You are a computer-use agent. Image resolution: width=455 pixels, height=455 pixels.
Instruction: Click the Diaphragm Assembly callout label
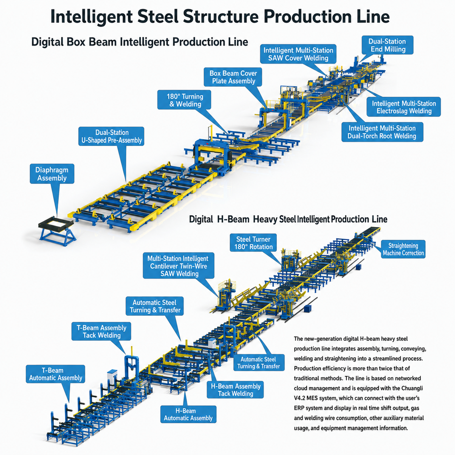[x=52, y=174]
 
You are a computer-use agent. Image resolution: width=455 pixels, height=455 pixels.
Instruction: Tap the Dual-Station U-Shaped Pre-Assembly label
[x=111, y=136]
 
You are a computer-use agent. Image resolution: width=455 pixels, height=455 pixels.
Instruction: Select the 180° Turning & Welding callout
[x=184, y=100]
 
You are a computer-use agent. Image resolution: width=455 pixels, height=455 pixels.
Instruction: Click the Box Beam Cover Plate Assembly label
[x=233, y=77]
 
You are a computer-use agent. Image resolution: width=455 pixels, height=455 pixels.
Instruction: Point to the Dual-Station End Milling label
[x=387, y=45]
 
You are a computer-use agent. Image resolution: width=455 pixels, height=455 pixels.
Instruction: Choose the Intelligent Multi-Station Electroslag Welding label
[x=404, y=107]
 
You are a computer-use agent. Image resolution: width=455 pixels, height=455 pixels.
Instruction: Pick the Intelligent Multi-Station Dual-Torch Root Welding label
[x=382, y=132]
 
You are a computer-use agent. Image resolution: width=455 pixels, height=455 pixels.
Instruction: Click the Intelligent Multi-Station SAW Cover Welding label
[x=298, y=54]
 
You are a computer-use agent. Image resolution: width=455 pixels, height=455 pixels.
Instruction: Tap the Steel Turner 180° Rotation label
[x=253, y=243]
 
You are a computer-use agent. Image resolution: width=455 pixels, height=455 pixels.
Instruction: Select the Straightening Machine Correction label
[x=403, y=249]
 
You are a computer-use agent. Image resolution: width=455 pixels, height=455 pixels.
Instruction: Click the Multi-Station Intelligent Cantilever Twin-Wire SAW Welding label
[x=179, y=266]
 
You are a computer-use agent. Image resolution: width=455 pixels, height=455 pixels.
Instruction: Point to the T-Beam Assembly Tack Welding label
[x=101, y=331]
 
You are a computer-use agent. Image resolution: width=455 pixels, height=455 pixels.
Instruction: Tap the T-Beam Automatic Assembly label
[x=55, y=374]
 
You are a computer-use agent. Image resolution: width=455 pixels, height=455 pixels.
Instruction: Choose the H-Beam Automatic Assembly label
[x=188, y=414]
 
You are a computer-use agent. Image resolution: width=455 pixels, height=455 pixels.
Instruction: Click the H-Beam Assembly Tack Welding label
[x=236, y=390]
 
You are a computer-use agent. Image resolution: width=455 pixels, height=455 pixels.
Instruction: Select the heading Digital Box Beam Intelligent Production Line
[x=139, y=42]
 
